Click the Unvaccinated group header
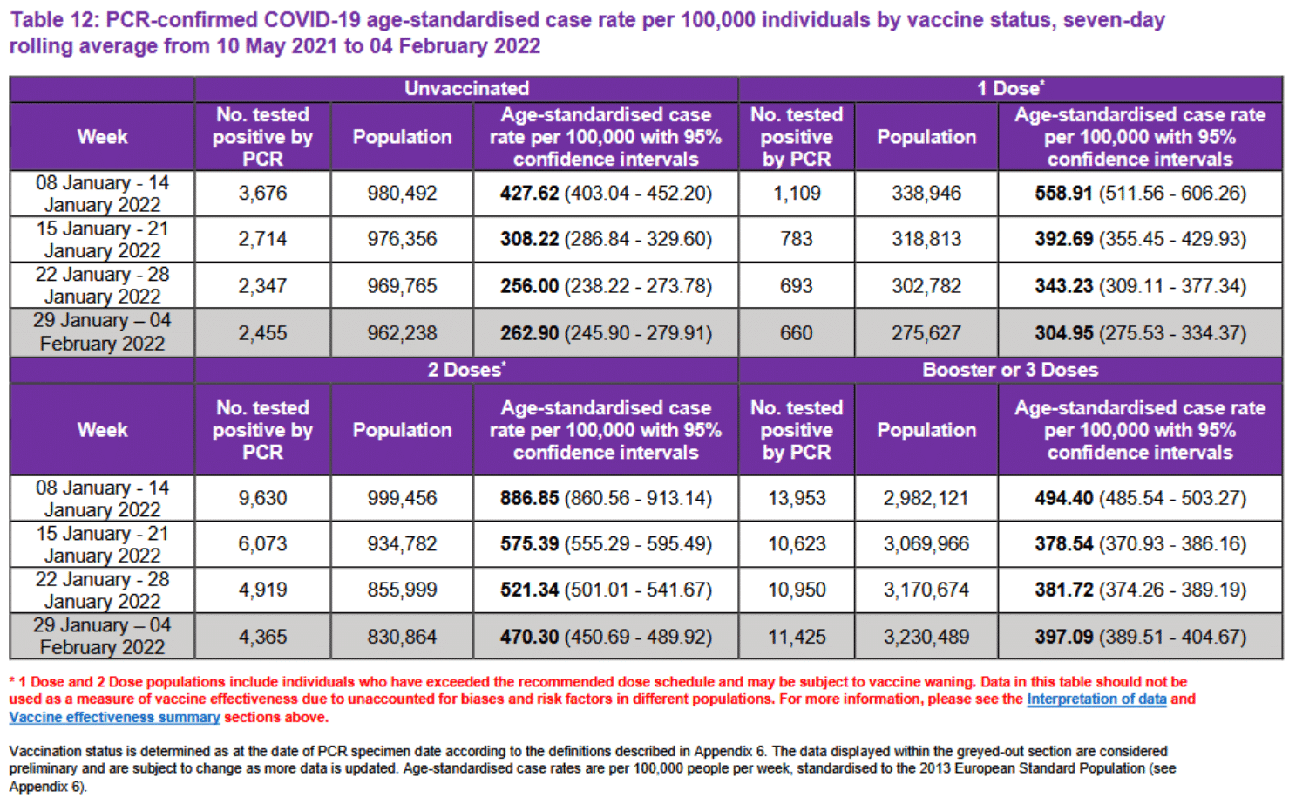pos(466,89)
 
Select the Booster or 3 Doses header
pos(1009,370)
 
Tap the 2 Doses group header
pos(466,370)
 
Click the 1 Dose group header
pos(1009,89)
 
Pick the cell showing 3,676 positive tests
pos(262,194)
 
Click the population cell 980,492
pos(402,194)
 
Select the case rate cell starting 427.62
pos(606,194)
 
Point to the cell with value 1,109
pos(797,194)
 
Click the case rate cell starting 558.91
pos(1140,194)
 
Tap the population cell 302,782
pos(926,286)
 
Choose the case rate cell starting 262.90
pos(606,333)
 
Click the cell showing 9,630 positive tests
pos(262,498)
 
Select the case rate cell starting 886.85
pos(606,498)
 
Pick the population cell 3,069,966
pos(926,544)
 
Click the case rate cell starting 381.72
pos(1140,590)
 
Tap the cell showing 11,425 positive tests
pos(797,637)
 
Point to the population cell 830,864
pos(402,637)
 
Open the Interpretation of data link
pos(1096,699)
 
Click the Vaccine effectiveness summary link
pos(114,717)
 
